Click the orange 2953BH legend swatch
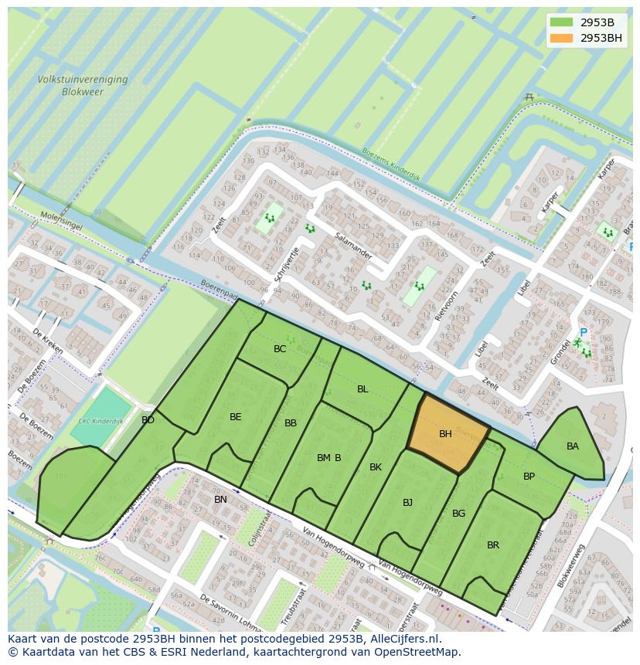point(562,38)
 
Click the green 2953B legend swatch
point(562,22)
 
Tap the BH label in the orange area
point(445,434)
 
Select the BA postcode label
point(573,446)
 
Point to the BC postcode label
point(280,349)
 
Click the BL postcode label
point(363,389)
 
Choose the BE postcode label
point(236,417)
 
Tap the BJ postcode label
point(407,503)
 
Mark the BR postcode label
point(493,545)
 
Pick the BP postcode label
point(529,477)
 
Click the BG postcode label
point(458,514)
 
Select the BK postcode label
point(376,467)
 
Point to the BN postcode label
point(220,500)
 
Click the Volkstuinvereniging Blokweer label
point(83,85)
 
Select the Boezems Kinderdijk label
point(391,161)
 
